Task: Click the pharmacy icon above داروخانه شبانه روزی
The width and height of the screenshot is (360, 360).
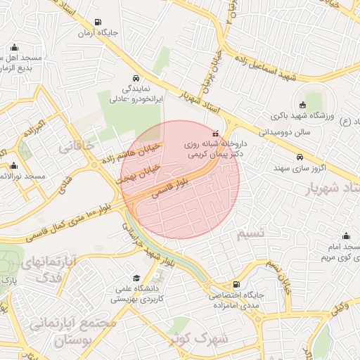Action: coord(215,133)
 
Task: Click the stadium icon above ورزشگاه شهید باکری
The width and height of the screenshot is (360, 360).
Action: coord(302,105)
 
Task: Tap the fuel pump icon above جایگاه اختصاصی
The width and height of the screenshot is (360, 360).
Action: coord(214,283)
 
